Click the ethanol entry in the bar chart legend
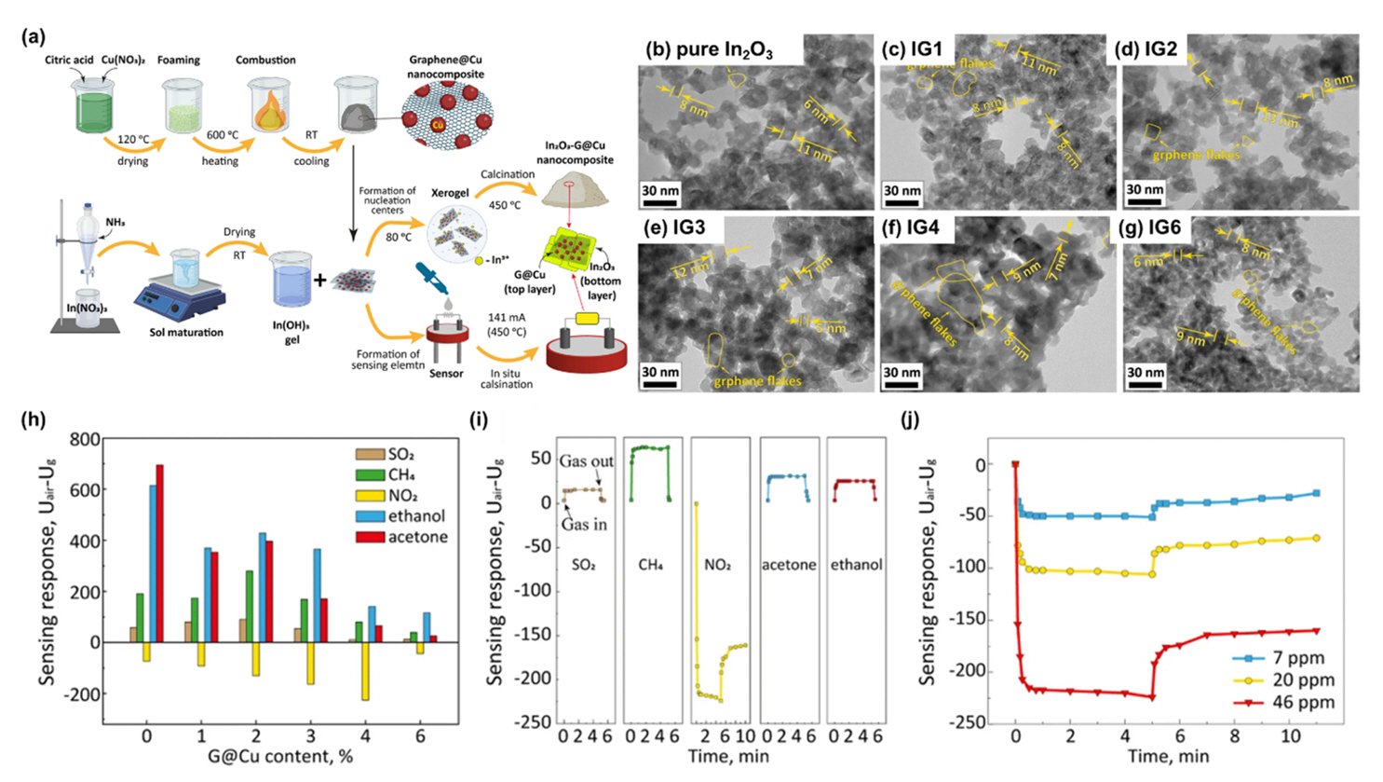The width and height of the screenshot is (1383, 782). (x=415, y=516)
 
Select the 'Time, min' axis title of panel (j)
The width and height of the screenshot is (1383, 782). (x=1168, y=755)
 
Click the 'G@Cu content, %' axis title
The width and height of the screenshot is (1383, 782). (x=280, y=757)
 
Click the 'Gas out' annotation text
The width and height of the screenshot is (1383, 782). (x=587, y=461)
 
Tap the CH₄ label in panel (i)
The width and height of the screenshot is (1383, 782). (x=649, y=565)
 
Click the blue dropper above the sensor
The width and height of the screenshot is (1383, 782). (x=430, y=277)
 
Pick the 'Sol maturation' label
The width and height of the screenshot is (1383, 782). (x=185, y=333)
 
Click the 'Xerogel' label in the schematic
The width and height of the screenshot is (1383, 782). (x=450, y=192)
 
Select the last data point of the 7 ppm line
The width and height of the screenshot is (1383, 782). (x=1317, y=493)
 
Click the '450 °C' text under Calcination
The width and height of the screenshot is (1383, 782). (x=504, y=205)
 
